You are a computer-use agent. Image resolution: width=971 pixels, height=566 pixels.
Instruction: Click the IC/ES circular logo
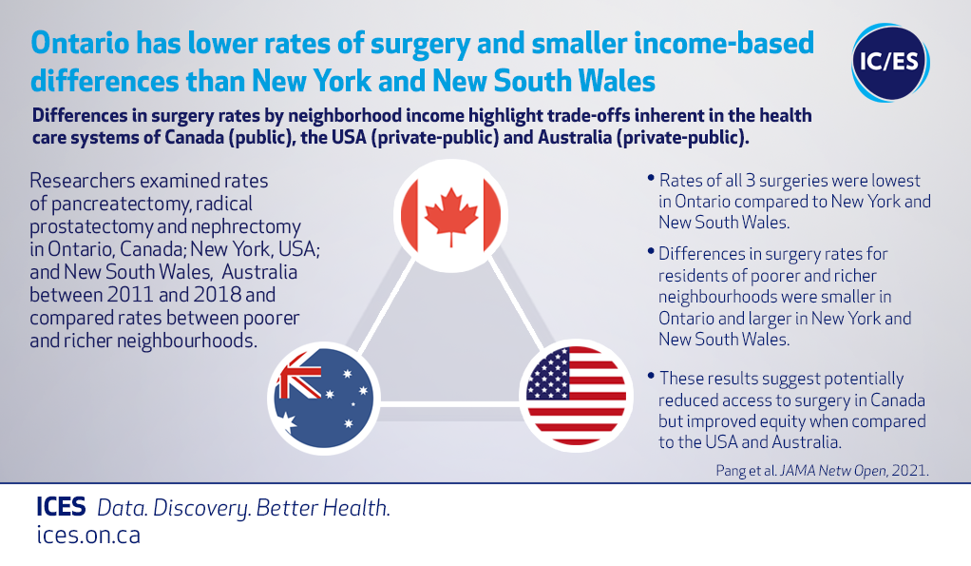pos(890,63)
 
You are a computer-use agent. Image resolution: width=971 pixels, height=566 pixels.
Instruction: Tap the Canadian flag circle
pos(450,216)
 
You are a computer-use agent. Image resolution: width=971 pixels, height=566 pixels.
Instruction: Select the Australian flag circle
pos(323,398)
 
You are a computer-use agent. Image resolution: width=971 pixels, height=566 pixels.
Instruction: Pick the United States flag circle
pos(576,396)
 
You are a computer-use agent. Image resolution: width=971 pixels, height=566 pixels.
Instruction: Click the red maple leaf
pos(450,216)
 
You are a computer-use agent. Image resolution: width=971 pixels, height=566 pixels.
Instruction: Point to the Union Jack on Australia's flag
pos(299,375)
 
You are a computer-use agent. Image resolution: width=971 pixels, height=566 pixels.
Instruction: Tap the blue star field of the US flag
pos(547,373)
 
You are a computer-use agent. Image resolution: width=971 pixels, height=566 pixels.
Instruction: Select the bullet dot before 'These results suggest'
pos(651,376)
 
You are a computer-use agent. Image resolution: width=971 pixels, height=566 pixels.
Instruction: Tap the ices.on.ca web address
pos(88,535)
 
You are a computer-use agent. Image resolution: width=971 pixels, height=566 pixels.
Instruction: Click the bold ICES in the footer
pos(61,507)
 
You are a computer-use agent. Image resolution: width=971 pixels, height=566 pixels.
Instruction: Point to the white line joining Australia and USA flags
pos(449,404)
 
